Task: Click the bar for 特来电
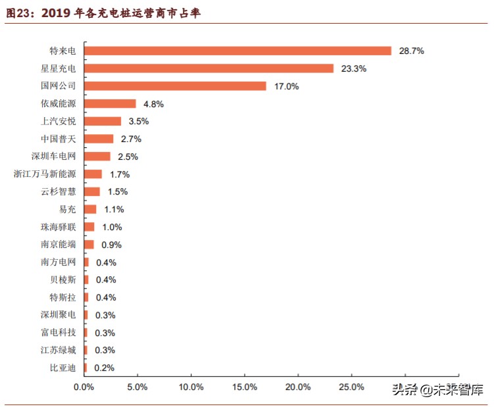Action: pyautogui.click(x=237, y=51)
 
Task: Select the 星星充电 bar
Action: pyautogui.click(x=209, y=68)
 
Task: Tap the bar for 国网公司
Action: pyautogui.click(x=175, y=86)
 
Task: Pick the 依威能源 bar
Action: pyautogui.click(x=110, y=104)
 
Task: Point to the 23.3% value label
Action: pyautogui.click(x=353, y=68)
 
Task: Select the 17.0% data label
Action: pyautogui.click(x=286, y=86)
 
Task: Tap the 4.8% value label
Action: pyautogui.click(x=153, y=104)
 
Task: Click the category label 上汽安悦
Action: pyautogui.click(x=58, y=121)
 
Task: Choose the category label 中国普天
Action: pyautogui.click(x=58, y=139)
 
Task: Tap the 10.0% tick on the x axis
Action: pyautogui.click(x=191, y=387)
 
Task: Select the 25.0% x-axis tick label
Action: pyautogui.click(x=351, y=387)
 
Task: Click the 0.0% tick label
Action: pyautogui.click(x=84, y=387)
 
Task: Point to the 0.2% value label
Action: pyautogui.click(x=104, y=368)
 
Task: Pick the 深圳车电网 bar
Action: pyautogui.click(x=97, y=156)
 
